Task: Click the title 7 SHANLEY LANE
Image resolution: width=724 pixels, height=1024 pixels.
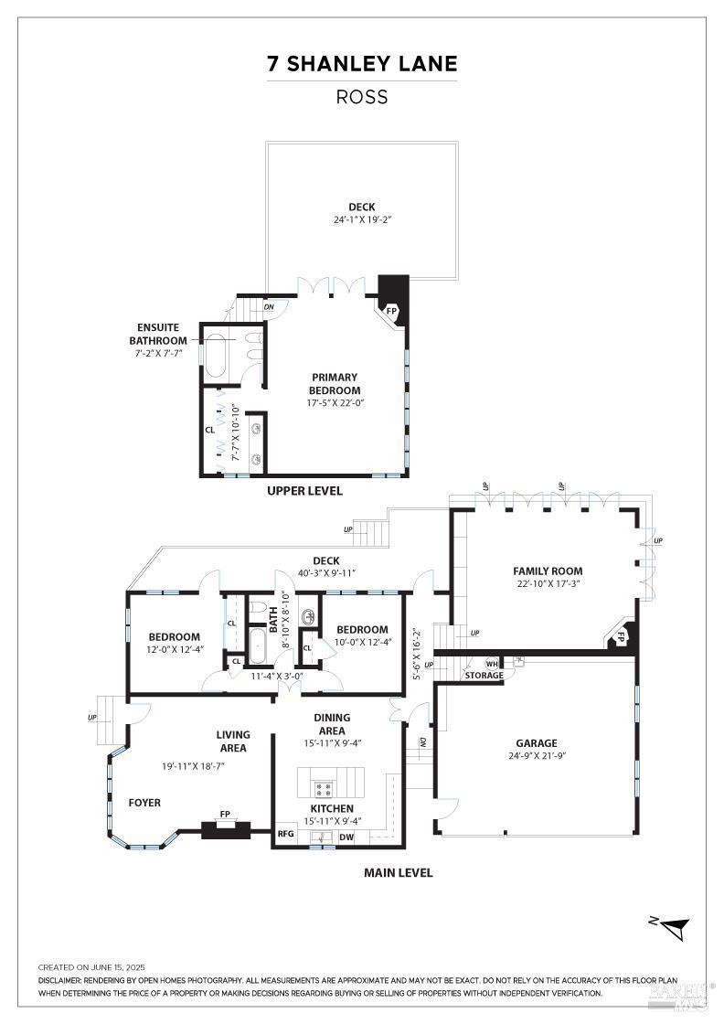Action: (x=362, y=64)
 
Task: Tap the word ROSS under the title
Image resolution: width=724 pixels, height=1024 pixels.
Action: (x=362, y=97)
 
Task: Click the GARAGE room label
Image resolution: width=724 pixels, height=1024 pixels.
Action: (x=536, y=743)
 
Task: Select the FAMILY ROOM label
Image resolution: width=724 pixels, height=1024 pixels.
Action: (x=548, y=571)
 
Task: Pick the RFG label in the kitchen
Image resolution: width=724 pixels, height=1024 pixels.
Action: (x=285, y=834)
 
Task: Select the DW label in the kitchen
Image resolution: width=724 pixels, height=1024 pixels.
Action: (x=346, y=837)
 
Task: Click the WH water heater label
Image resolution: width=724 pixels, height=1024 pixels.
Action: (x=491, y=664)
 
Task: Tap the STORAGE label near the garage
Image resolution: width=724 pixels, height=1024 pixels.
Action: (x=484, y=676)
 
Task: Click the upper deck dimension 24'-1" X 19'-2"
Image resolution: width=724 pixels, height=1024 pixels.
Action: (x=362, y=219)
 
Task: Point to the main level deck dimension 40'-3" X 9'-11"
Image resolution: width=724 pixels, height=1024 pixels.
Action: (x=325, y=573)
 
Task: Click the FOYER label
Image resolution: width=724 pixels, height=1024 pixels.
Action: (x=144, y=803)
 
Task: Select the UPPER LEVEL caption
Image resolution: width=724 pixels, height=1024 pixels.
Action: (x=304, y=491)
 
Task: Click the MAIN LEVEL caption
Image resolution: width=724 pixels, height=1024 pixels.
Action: (x=398, y=872)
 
